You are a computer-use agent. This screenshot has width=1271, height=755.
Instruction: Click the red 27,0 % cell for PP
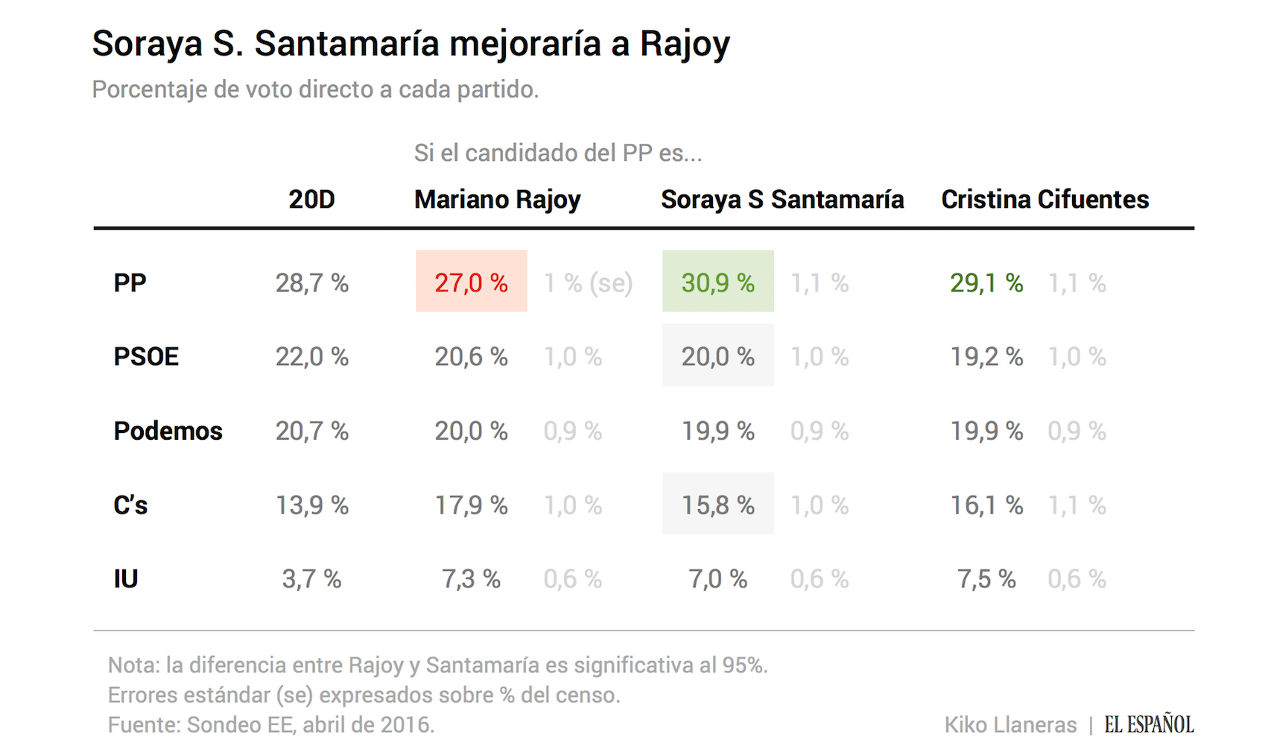point(471,282)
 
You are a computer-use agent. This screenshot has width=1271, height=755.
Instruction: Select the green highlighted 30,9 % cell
point(717,282)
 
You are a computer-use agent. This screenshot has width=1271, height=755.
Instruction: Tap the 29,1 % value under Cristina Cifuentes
point(986,282)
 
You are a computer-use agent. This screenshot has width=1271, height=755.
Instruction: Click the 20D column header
point(311,200)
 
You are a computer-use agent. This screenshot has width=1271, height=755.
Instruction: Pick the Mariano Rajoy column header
point(497,200)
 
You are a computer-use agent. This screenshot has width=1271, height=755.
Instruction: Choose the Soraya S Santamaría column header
point(782,200)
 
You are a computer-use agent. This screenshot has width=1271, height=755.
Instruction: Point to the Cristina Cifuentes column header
point(1045,200)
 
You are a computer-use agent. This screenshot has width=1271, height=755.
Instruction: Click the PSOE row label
point(146,356)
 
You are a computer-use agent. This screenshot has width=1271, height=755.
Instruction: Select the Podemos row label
point(168,431)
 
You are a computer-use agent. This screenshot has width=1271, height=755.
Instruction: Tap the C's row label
point(130,505)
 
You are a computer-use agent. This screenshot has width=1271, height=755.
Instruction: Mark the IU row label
point(126,579)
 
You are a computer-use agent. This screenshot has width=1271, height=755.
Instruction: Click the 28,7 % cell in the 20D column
point(311,282)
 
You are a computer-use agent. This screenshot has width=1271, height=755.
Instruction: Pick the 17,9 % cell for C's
point(471,505)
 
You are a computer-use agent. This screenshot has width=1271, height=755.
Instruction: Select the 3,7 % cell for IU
point(311,579)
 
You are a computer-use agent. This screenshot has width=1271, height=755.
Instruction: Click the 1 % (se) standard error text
point(588,282)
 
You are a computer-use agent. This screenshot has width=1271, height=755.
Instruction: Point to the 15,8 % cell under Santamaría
point(717,505)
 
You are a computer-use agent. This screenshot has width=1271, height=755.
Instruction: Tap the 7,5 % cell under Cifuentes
point(986,579)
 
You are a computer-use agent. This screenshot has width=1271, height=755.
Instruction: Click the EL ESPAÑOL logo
point(1149,724)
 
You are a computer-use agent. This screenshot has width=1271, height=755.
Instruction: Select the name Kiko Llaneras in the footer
point(1010,724)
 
